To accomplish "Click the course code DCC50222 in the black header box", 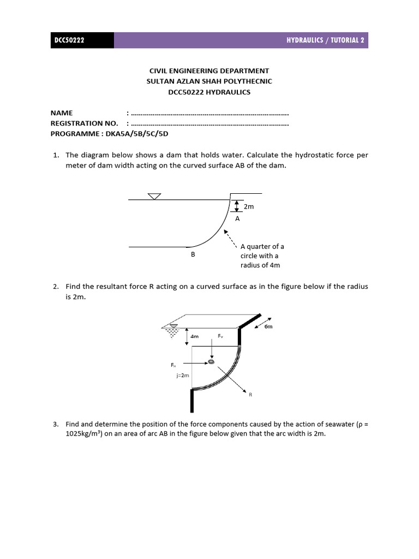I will [69, 40].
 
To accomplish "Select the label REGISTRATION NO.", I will [84, 123].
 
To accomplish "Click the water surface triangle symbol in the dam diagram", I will [154, 196].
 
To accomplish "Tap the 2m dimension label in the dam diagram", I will [249, 207].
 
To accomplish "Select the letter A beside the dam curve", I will [237, 218].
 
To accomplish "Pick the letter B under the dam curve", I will [193, 254].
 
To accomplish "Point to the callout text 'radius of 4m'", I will [260, 265].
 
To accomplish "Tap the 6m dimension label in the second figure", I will [268, 326].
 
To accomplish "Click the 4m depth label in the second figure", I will [194, 337].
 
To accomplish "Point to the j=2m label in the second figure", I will [183, 376].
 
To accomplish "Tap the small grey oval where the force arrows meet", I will [211, 361].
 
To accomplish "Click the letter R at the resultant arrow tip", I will [250, 394].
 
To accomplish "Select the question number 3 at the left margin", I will [56, 424].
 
